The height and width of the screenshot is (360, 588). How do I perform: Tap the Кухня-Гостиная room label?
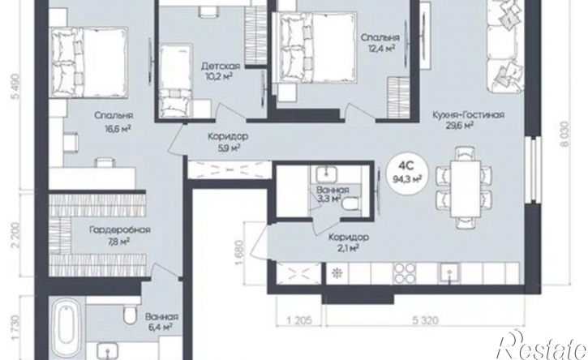pos(468,115)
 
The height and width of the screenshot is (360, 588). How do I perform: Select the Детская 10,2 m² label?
pos(221,71)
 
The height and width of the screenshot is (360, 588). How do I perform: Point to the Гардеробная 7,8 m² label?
pos(119,235)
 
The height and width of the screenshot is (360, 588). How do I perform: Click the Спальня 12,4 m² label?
pos(380,42)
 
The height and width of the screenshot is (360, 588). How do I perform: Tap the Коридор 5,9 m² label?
pos(228,142)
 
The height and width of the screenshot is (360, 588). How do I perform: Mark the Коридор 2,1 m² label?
pos(349,242)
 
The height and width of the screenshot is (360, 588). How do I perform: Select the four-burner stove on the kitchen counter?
pos(404,273)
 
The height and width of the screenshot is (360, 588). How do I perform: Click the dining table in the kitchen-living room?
pos(466,187)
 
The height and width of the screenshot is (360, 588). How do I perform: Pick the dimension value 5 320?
pos(425,320)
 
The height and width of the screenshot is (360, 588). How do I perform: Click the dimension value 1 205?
pos(299,320)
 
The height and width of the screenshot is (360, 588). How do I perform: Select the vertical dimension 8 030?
pos(566,134)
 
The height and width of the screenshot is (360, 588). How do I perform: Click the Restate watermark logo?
pos(542,345)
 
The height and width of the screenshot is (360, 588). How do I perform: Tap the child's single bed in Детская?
pos(175,80)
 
